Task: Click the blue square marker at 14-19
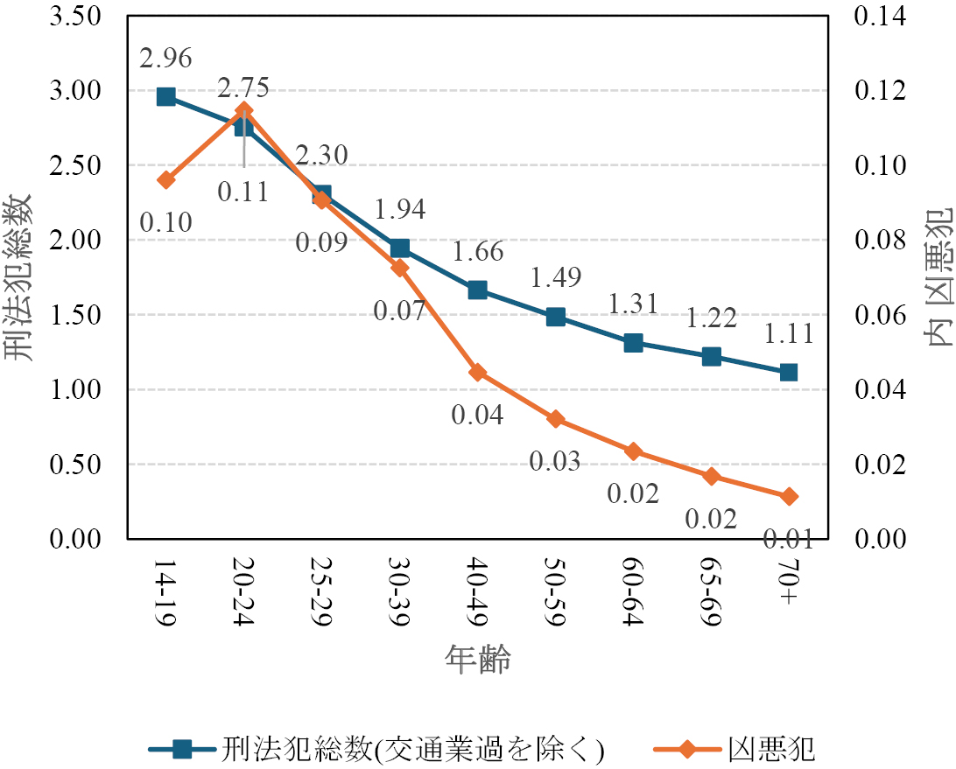166,96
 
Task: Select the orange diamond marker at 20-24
243,110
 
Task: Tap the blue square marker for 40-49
477,290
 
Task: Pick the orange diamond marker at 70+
789,496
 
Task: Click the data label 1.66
477,253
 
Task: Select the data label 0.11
243,190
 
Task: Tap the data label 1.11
788,334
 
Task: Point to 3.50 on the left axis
78,17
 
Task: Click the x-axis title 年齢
477,658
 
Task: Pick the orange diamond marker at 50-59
555,420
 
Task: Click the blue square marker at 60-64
633,343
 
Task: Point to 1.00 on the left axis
78,389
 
